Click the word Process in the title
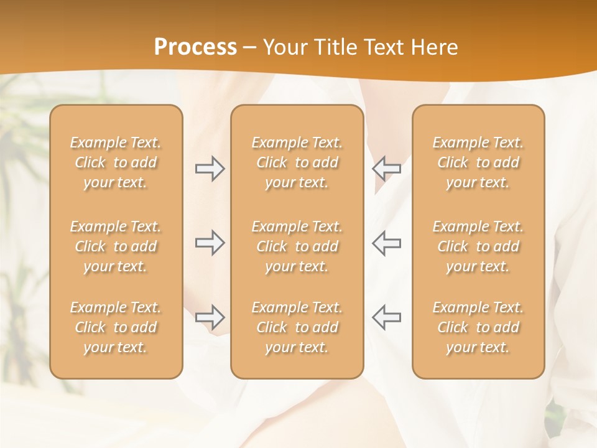pyautogui.click(x=195, y=47)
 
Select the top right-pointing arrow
pyautogui.click(x=210, y=169)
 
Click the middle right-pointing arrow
pyautogui.click(x=210, y=243)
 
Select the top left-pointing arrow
pyautogui.click(x=386, y=169)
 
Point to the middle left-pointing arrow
pyautogui.click(x=386, y=243)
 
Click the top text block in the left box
pyautogui.click(x=116, y=162)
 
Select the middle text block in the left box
pyautogui.click(x=116, y=246)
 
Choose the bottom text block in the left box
pyautogui.click(x=116, y=327)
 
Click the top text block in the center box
pyautogui.click(x=297, y=162)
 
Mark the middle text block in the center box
pyautogui.click(x=297, y=246)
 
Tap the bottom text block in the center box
pyautogui.click(x=297, y=327)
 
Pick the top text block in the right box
pyautogui.click(x=478, y=162)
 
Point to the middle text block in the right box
pyautogui.click(x=478, y=246)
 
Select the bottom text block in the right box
pyautogui.click(x=478, y=327)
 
